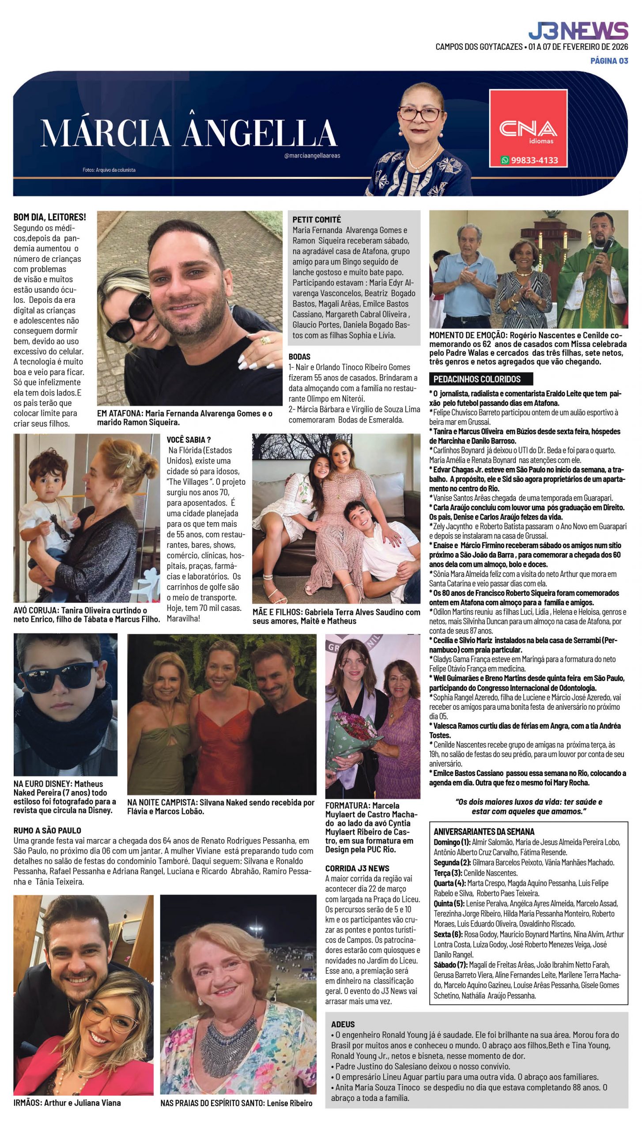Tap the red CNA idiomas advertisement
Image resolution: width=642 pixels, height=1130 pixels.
(x=528, y=128)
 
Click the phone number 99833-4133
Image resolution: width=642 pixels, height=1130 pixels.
(x=533, y=160)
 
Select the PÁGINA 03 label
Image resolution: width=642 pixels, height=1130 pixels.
(x=609, y=60)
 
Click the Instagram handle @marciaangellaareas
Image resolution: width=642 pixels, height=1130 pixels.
(x=312, y=155)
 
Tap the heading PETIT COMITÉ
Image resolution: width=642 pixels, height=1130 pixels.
(x=317, y=219)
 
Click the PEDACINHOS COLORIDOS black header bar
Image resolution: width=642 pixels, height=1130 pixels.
(x=480, y=379)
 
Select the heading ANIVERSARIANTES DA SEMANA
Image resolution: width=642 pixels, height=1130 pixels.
(x=484, y=831)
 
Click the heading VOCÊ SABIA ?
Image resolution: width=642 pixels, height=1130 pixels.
(x=189, y=440)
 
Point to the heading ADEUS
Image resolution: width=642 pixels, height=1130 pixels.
(x=343, y=1024)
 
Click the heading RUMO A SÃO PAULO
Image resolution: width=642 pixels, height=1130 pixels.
(x=47, y=830)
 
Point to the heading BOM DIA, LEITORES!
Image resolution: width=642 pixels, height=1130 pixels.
(x=49, y=217)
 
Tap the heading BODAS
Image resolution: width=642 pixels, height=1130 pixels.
(x=299, y=357)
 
